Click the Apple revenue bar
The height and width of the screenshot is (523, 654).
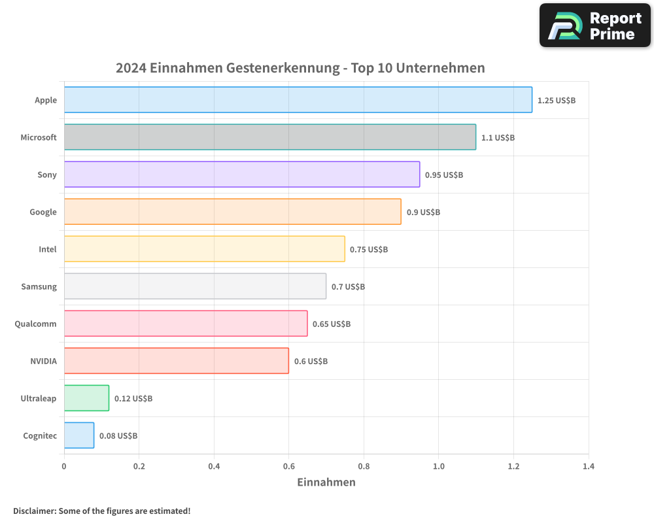[298, 100]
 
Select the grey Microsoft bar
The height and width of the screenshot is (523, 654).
[269, 137]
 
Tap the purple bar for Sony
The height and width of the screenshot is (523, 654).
[241, 175]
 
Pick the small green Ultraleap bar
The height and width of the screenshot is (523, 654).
[86, 398]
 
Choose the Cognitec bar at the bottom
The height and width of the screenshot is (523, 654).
[79, 435]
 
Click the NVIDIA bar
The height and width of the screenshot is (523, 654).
[176, 361]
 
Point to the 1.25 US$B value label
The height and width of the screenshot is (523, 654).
[556, 100]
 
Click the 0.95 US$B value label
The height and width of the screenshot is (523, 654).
[443, 175]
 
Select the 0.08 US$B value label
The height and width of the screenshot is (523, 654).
[118, 435]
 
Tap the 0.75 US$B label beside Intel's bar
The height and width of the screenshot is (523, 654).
[368, 249]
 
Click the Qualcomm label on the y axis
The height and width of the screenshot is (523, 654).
[35, 324]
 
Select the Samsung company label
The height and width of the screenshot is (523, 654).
[39, 286]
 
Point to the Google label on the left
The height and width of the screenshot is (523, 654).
[43, 212]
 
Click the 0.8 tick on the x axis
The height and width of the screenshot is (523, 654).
[364, 467]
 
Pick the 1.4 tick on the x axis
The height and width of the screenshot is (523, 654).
[589, 467]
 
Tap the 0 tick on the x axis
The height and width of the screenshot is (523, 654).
[64, 467]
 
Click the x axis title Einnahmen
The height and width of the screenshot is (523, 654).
[326, 482]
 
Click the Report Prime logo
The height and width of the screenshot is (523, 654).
[595, 25]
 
